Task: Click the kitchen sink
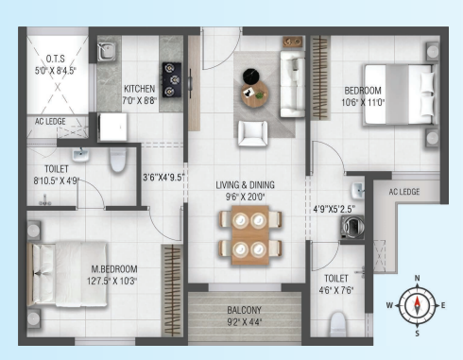coord(106,52)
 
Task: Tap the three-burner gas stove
coord(172,79)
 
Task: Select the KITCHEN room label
coord(139,89)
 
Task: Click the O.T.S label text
coord(56,59)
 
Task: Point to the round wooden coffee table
coord(255,94)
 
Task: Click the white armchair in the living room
coord(252,133)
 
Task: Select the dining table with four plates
coord(250,235)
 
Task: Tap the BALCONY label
coord(245,310)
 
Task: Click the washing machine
coord(352,227)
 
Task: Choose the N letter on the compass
coord(417,278)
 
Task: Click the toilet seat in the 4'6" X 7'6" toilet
coord(337,324)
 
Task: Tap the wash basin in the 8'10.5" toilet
coord(81,155)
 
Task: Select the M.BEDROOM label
coord(114,269)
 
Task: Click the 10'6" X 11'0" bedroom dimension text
coord(363,102)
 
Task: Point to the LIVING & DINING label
coord(245,185)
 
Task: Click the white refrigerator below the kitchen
coord(113,127)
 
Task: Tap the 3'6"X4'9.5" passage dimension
coord(163,178)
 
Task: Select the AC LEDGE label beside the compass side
coord(404,192)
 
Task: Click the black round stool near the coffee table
coord(251,77)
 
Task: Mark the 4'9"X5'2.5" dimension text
coord(334,209)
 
